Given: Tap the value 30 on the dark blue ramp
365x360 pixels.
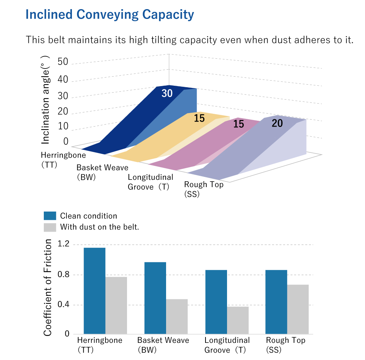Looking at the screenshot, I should [167, 93].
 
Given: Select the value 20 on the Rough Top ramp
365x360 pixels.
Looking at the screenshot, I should [277, 123].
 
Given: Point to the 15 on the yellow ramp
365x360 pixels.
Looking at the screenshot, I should [199, 118].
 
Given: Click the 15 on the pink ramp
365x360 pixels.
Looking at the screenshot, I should [238, 124].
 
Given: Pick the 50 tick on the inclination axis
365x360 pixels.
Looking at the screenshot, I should [63, 62].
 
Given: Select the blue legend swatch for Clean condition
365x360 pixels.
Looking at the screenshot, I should [50, 216].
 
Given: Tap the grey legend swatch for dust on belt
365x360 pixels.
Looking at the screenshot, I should [50, 227].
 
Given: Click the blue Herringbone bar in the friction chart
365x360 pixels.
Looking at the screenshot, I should [95, 291].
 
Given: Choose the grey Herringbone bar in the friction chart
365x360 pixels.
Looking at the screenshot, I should [116, 305].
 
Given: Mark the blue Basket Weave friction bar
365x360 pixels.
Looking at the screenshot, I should [155, 298].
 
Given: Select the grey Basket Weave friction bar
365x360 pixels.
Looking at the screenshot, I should [177, 316].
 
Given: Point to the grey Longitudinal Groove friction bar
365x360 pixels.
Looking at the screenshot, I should [238, 320].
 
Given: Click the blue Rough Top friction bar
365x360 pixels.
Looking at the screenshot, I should [276, 302].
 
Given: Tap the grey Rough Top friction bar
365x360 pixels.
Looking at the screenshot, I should [298, 309].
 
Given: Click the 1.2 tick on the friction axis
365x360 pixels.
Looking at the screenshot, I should [64, 244].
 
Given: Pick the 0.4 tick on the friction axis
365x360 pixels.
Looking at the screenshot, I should [64, 305].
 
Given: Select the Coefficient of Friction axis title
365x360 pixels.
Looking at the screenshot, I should [48, 288].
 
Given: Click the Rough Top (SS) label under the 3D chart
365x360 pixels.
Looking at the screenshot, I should [204, 189].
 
